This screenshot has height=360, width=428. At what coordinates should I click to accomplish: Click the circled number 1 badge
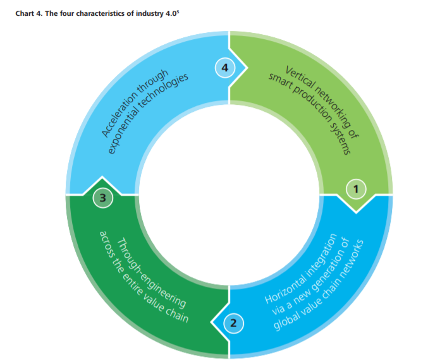pos(356,189)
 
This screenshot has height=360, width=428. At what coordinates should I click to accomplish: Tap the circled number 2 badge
pos(234,323)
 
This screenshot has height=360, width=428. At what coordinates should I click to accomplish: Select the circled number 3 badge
pos(103,198)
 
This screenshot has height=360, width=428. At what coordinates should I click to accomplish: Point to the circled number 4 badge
pos(225,68)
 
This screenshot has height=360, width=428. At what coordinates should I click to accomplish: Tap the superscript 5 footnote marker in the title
pos(178,11)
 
